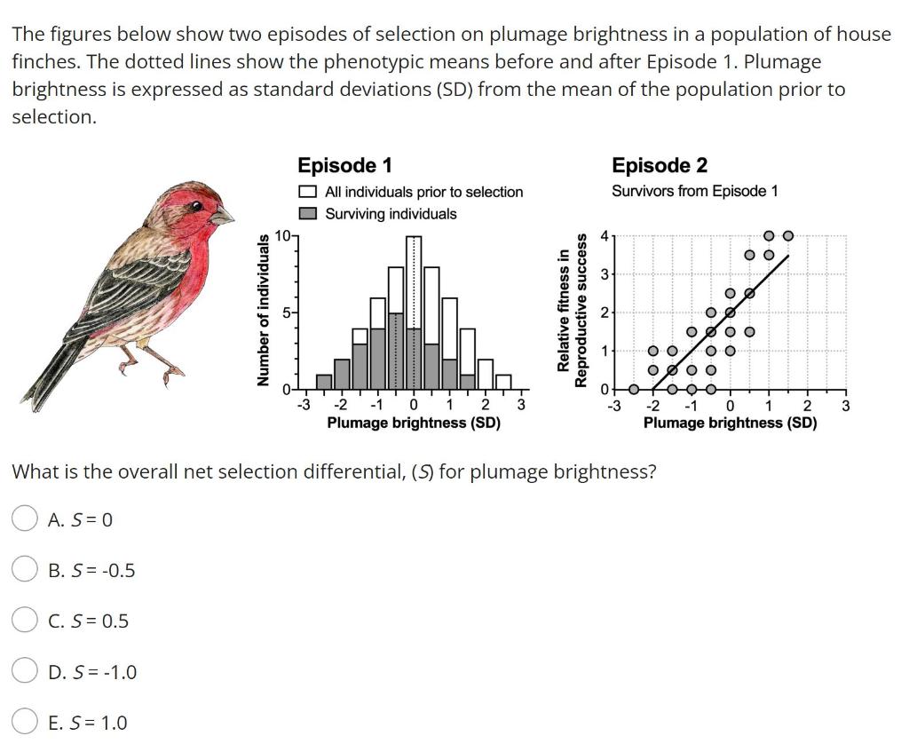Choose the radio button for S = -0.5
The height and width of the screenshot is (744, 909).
coord(25,570)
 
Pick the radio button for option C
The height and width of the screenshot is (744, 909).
coord(25,621)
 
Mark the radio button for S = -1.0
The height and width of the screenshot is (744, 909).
coord(25,672)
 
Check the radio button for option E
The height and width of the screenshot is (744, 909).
coord(25,723)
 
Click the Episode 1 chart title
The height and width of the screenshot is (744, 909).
coord(344,165)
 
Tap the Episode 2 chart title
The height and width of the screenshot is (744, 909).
coord(660,165)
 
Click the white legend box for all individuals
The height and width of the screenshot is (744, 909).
coord(308,192)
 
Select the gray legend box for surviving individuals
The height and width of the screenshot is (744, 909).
coord(308,214)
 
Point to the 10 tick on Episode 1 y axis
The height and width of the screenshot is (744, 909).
coord(282,235)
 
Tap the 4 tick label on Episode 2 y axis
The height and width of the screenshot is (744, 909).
coord(604,236)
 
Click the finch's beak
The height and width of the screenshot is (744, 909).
coord(225,214)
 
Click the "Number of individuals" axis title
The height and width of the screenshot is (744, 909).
coord(263,310)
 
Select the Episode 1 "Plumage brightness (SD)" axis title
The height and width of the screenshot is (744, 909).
coord(414,423)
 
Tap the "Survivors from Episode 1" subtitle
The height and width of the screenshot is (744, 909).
coord(694,191)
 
